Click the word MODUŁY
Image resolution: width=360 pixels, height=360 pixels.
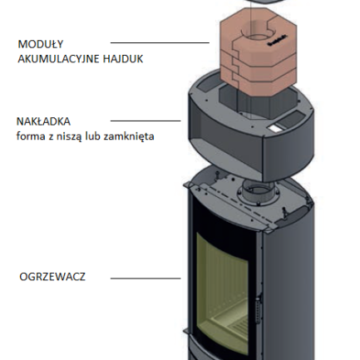click(x=41, y=44)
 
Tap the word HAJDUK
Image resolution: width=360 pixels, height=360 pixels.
click(x=123, y=59)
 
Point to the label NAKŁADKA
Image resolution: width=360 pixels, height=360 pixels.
click(x=43, y=121)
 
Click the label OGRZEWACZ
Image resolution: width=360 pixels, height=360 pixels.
click(x=52, y=277)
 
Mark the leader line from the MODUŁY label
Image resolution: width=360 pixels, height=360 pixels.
click(x=160, y=42)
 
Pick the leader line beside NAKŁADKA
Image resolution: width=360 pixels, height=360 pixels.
click(x=145, y=121)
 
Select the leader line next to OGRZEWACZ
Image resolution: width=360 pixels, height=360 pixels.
click(x=145, y=279)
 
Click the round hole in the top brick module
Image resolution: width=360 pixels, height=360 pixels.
click(x=256, y=37)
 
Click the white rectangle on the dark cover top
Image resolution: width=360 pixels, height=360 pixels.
click(x=274, y=128)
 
